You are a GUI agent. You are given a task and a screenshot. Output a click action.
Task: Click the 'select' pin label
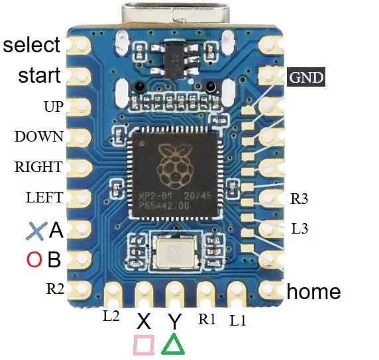(x=31, y=44)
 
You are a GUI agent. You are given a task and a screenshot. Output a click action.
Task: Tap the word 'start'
(x=39, y=75)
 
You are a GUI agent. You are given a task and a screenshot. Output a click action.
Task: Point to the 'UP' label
(x=54, y=107)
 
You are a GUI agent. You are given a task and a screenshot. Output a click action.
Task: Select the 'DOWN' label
(x=39, y=136)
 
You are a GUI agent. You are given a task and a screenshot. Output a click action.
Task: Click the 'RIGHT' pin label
(x=38, y=167)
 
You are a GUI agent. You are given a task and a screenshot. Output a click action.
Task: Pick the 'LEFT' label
(x=44, y=197)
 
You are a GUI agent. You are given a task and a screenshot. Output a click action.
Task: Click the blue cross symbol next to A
(x=36, y=231)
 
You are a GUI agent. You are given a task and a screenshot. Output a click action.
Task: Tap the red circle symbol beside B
(x=34, y=259)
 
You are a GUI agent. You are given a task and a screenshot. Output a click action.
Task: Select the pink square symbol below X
(x=144, y=345)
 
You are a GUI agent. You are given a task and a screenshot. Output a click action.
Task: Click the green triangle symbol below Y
(x=173, y=345)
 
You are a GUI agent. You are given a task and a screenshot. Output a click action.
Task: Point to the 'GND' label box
(x=306, y=77)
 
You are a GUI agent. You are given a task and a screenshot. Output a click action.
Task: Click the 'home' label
(x=314, y=291)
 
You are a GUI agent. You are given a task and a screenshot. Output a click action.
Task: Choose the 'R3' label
(x=299, y=199)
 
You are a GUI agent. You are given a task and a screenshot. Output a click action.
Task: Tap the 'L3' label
(x=299, y=228)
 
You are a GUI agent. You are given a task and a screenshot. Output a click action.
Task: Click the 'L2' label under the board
(x=111, y=316)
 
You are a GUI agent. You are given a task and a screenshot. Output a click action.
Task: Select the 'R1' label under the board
(x=207, y=319)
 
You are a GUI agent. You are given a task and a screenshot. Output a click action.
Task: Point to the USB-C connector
(x=176, y=14)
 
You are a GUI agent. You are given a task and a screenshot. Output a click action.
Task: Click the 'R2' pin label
(x=55, y=289)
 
